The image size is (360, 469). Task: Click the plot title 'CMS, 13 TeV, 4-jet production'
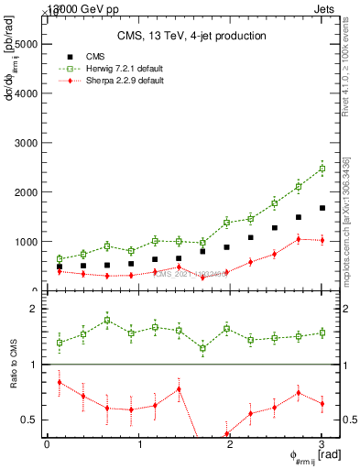tap(191, 36)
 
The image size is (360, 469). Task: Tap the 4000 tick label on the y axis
tap(26, 93)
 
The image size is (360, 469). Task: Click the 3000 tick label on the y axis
tap(26, 143)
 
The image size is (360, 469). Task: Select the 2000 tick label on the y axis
tap(26, 192)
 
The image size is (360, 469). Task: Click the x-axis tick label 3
tap(322, 444)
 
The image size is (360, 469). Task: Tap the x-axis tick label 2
tap(230, 444)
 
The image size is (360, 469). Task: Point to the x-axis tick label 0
tap(47, 444)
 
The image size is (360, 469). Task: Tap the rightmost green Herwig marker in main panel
tap(322, 169)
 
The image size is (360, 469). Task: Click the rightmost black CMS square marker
tap(322, 208)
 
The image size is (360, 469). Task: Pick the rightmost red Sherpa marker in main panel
tap(322, 240)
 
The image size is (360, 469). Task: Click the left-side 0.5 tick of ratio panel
tap(32, 420)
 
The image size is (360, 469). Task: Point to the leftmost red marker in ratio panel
tap(60, 382)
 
